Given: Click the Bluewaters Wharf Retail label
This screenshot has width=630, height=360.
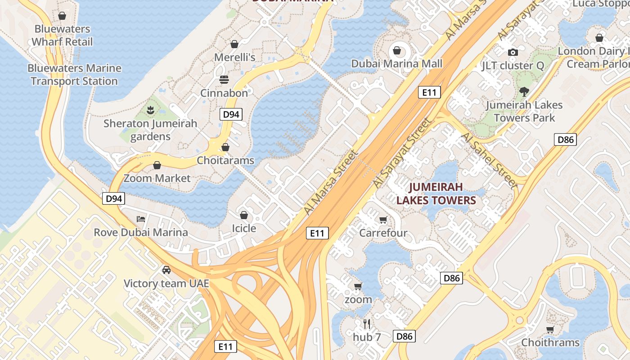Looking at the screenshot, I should tap(62, 36).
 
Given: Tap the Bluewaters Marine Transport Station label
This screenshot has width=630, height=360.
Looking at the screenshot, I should tap(74, 75).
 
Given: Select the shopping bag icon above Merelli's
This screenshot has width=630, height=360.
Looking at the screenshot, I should tap(234, 44).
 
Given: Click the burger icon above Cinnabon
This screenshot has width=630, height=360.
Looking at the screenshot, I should tap(224, 80).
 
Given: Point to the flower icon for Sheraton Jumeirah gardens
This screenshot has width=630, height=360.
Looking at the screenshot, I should tap(150, 110).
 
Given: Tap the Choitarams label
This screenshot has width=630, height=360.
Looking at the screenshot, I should tap(225, 161).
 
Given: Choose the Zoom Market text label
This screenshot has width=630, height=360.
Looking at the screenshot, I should tap(157, 178).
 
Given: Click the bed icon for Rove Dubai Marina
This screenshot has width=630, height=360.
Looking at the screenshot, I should tap(141, 219).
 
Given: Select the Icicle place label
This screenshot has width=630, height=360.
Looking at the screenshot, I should tap(244, 229).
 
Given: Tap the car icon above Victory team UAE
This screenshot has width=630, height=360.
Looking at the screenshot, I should tap(166, 270).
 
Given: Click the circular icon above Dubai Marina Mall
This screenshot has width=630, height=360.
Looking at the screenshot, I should tap(397, 50).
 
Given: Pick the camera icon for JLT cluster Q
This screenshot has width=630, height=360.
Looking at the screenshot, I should tap(513, 52).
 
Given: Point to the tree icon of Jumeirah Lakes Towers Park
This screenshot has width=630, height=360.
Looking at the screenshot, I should tap(524, 92).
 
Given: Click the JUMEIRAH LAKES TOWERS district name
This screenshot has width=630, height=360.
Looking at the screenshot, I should tap(436, 193).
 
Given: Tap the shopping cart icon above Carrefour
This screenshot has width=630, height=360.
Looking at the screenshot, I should tap(383, 220).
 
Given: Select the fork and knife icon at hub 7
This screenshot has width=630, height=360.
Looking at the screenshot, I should tap(367, 324).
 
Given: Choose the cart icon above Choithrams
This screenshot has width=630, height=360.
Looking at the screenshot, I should tap(550, 330).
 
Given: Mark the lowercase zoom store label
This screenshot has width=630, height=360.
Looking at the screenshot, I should tap(358, 300).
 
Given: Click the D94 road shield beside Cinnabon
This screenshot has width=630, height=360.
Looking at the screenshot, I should tap(231, 114).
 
